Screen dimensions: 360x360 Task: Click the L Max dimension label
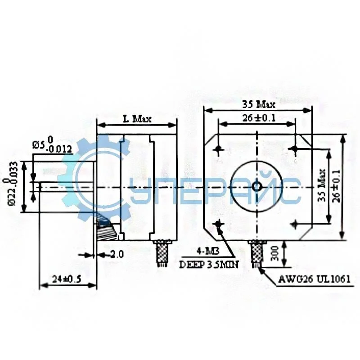point(137,119)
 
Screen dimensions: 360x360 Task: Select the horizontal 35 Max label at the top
point(258,104)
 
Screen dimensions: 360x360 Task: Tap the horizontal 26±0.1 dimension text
point(256,118)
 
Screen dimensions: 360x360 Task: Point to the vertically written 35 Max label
point(321,184)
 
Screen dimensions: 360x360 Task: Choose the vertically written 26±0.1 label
point(335,184)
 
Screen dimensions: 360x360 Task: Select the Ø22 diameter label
point(13,184)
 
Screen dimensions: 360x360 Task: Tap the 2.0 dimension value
point(116,255)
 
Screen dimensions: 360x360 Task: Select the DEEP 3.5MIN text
point(209,265)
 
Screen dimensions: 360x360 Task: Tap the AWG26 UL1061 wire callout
point(314,279)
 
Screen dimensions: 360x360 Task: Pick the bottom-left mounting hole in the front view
point(219,224)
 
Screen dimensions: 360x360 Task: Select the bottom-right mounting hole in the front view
point(295,224)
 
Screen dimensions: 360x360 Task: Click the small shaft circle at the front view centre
point(256,186)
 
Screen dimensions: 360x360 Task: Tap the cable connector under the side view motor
point(162,253)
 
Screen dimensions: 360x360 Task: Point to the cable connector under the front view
point(256,253)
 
